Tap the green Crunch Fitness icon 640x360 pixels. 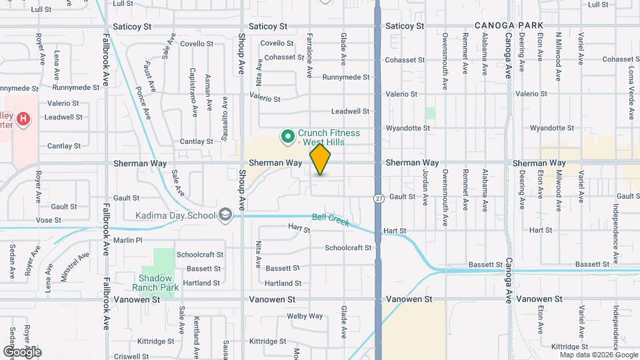coord(288,137)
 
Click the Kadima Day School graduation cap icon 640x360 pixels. coord(226,215)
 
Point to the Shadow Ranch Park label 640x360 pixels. coord(156,283)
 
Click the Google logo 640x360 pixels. coord(22,351)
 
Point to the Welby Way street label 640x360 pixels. coord(305,316)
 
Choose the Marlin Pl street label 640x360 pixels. coord(128,240)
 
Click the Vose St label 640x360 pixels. coord(49,219)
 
